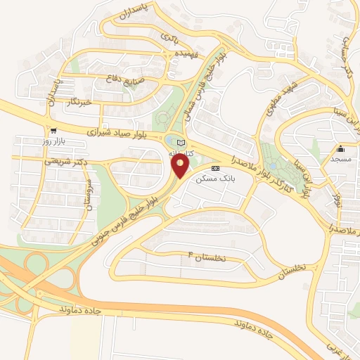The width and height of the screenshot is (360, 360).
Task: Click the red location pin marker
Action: click(180, 165)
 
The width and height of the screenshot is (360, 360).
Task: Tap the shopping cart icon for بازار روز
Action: click(53, 131)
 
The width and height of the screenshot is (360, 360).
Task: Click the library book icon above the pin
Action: click(181, 143)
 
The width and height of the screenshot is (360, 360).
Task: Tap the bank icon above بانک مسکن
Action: click(215, 169)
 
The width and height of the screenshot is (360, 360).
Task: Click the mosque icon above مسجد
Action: click(341, 148)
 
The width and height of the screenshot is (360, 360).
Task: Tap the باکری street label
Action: click(170, 35)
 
